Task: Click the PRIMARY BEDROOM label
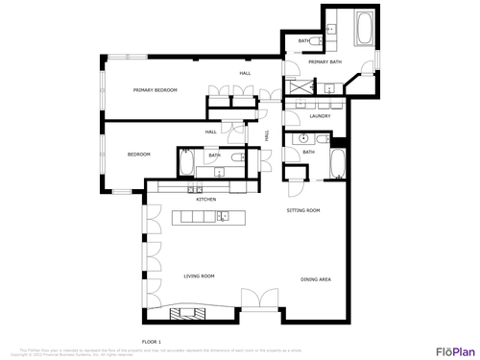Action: tap(155, 89)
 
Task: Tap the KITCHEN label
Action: tap(206, 200)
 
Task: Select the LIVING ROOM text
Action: tap(199, 276)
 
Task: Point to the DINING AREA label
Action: tap(316, 279)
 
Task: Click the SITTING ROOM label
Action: tap(303, 209)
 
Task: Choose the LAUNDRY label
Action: tap(320, 116)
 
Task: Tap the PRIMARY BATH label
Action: tap(324, 62)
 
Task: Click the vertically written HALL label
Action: tap(266, 135)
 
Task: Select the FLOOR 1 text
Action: tap(152, 342)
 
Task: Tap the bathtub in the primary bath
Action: tap(367, 27)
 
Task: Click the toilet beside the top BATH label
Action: tap(327, 31)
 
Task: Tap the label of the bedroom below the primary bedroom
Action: tap(139, 155)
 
